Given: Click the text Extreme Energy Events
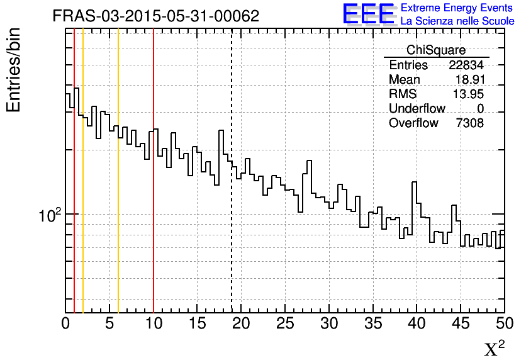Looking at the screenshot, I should coord(457,8).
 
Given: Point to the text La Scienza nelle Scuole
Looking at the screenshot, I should coord(457,21).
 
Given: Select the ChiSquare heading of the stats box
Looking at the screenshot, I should coord(436,50).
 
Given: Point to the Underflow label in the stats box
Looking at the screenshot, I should coord(417,109).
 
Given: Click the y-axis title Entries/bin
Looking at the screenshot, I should coord(14,70).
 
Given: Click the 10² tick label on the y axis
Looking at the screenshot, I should coord(48,216).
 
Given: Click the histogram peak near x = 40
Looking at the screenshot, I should coord(415,183).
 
